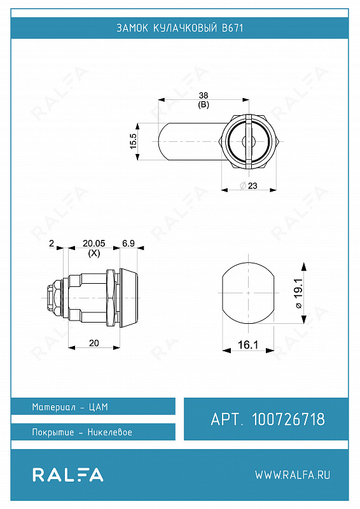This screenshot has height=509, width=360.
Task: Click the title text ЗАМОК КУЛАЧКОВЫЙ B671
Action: [180, 28]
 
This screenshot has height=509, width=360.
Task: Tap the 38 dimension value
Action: [204, 95]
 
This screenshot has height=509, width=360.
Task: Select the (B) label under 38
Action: [204, 104]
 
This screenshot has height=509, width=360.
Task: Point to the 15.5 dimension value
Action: [134, 141]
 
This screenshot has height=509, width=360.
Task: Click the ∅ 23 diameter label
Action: [248, 186]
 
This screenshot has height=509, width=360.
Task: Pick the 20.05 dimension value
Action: [94, 243]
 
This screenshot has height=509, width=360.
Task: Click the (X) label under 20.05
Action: [94, 253]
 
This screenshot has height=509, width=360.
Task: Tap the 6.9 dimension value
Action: [128, 243]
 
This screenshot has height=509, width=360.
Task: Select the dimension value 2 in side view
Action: [52, 243]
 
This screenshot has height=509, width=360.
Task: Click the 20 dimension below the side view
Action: [93, 343]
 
